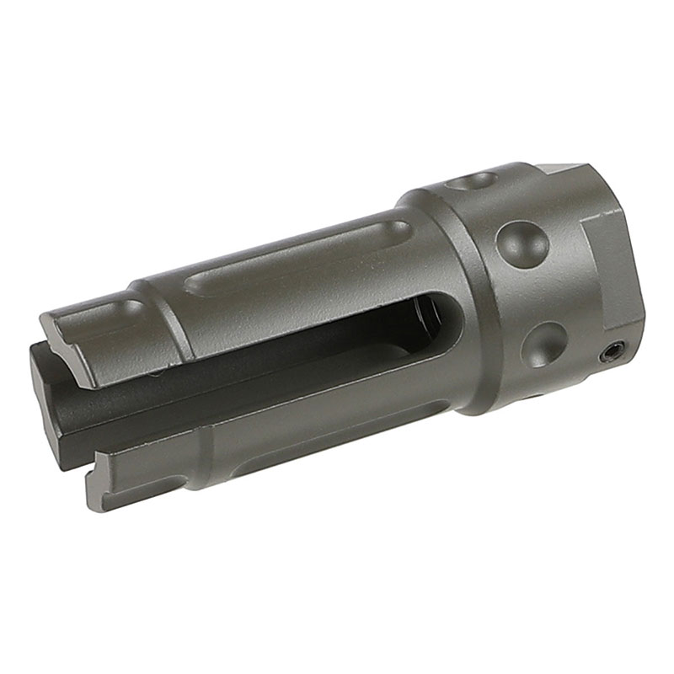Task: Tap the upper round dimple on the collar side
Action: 522,243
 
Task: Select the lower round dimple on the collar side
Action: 543,345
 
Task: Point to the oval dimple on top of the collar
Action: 472,179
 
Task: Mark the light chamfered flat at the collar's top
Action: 561,169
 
